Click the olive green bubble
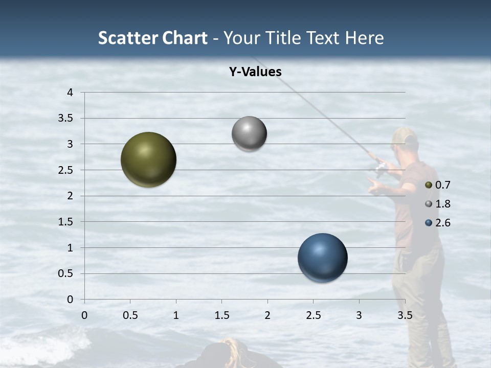pyautogui.click(x=148, y=159)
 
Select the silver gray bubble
pyautogui.click(x=249, y=134)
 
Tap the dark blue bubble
pyautogui.click(x=322, y=258)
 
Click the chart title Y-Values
pyautogui.click(x=255, y=72)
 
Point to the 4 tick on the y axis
pyautogui.click(x=71, y=93)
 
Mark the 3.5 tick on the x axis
pyautogui.click(x=405, y=315)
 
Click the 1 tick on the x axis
pyautogui.click(x=176, y=315)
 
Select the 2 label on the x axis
pyautogui.click(x=267, y=315)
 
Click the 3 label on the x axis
pyautogui.click(x=359, y=315)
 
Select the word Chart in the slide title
pyautogui.click(x=185, y=38)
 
